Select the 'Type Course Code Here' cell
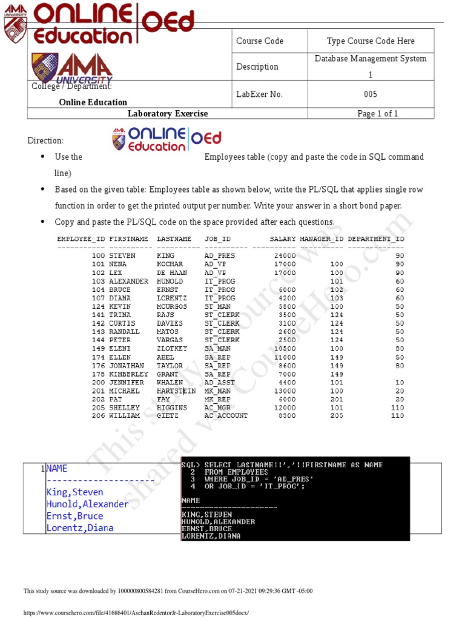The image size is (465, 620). tap(371, 41)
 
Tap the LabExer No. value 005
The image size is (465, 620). tap(371, 94)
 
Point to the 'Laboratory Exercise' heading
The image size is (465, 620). tap(168, 114)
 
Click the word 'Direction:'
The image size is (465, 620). tap(45, 140)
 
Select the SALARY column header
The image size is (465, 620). tap(283, 239)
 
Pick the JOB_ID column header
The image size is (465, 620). tap(217, 239)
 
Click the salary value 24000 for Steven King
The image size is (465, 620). tap(285, 256)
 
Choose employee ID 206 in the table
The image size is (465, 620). tap(98, 416)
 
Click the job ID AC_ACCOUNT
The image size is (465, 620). tap(226, 416)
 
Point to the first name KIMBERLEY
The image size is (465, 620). tap(128, 374)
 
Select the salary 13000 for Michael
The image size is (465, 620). tap(285, 391)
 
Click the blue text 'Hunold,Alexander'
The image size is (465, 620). tap(87, 504)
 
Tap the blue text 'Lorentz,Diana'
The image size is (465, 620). tap(80, 527)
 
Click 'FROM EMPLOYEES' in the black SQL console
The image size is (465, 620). tap(236, 472)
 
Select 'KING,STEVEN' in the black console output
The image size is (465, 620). tap(206, 515)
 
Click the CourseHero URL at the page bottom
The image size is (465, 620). tap(136, 613)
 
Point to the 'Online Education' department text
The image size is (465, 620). tap(93, 102)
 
